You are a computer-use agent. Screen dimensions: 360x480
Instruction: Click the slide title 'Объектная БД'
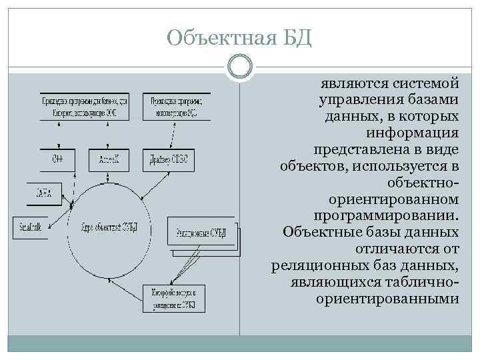pos(239,36)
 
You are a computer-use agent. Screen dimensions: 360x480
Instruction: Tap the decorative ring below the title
pos(239,67)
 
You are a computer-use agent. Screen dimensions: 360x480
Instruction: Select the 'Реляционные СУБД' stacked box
pos(201,233)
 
